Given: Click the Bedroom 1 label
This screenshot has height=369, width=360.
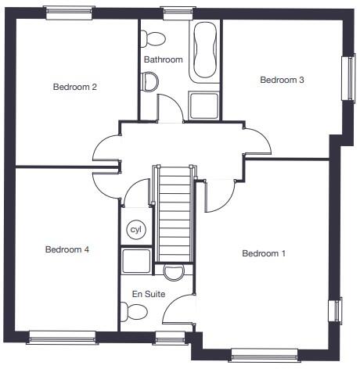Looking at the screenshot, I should pos(264,253).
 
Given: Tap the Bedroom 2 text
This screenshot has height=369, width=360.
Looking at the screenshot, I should pos(75,87).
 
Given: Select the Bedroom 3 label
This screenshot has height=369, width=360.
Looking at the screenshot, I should pos(282,80).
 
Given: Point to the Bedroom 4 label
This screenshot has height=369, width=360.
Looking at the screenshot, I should pos(67,249).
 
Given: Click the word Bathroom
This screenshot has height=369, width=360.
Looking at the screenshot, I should pos(163,59).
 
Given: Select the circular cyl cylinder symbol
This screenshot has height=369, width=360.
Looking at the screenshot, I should pos(136,231).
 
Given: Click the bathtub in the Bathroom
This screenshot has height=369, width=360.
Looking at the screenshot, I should pos(205,50).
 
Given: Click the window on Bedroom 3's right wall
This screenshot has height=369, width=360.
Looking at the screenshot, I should pos(347,78).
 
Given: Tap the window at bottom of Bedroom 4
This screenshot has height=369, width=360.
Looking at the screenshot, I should pos(63,338).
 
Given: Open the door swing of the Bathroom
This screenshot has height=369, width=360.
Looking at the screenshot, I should pos(171,108).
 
